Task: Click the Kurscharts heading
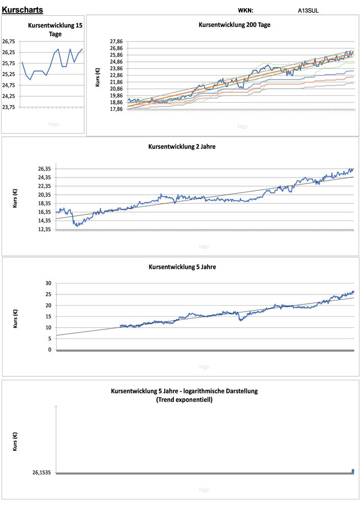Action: [x=22, y=10]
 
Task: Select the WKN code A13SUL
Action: [x=309, y=10]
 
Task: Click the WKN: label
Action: [x=245, y=10]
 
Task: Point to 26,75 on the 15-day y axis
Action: [x=9, y=41]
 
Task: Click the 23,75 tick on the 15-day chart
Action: [x=9, y=107]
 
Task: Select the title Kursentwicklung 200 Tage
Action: [x=234, y=24]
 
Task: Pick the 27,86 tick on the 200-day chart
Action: [x=117, y=41]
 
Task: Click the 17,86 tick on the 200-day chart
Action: [x=117, y=109]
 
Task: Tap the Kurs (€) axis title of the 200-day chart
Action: [x=97, y=77]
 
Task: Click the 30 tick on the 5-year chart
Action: [x=49, y=283]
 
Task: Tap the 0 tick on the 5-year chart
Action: [x=50, y=350]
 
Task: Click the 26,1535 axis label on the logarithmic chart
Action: [x=42, y=473]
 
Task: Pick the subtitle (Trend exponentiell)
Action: [x=184, y=400]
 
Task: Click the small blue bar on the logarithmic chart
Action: [x=353, y=471]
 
